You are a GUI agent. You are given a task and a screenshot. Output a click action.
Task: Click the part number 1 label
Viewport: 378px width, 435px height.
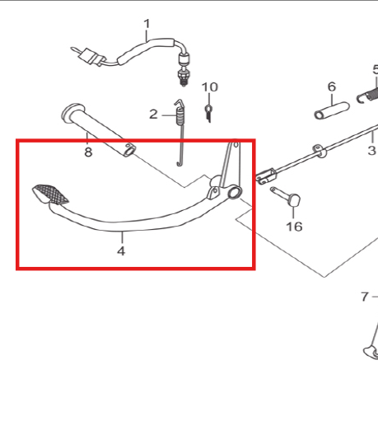[147, 24]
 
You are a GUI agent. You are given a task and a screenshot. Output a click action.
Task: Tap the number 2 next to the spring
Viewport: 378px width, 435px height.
[153, 115]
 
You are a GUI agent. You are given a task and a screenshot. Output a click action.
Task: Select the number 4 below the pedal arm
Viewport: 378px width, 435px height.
[121, 250]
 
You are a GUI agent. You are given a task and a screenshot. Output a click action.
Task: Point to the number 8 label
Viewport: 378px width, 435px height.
[88, 152]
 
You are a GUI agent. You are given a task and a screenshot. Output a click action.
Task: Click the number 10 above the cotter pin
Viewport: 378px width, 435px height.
[210, 87]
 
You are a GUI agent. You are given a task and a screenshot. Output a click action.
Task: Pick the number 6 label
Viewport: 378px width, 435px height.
[332, 87]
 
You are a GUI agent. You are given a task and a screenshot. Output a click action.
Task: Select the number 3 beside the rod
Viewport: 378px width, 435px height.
[371, 151]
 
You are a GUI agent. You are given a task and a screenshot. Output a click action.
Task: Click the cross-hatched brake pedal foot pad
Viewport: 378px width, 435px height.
[51, 194]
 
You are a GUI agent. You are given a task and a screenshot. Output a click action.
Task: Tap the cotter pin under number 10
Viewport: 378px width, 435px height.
[209, 113]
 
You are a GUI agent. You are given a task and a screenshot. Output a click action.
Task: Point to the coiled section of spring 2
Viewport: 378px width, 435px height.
[180, 116]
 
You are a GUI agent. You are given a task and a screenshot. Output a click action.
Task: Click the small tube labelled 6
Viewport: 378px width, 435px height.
[332, 110]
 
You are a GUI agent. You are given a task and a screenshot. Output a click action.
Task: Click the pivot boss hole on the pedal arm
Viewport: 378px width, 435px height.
[235, 192]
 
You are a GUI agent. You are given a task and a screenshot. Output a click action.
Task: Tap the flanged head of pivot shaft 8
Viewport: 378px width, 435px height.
[72, 112]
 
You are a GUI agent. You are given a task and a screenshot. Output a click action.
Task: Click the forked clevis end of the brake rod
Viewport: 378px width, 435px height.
[265, 175]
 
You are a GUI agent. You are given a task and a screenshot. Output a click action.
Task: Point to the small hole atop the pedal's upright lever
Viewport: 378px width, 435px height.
[236, 144]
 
